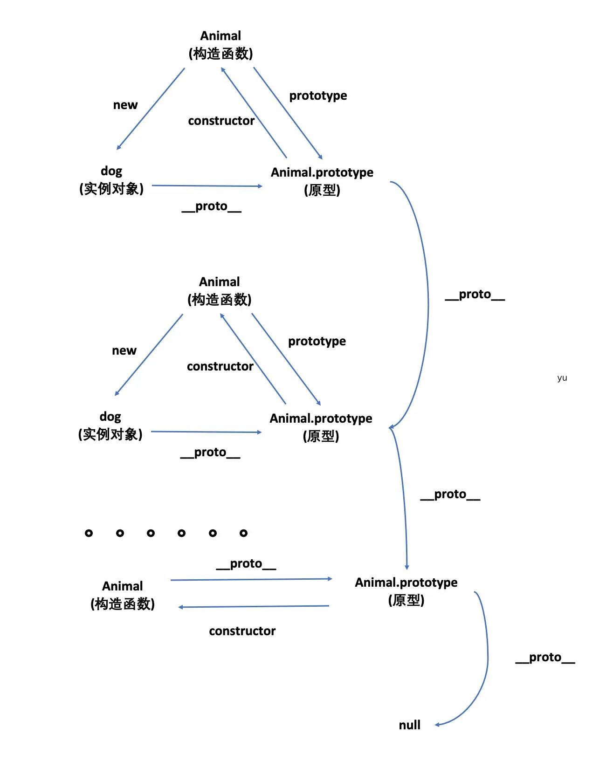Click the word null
pyautogui.click(x=409, y=725)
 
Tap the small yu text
pyautogui.click(x=562, y=377)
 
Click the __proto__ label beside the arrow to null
pyautogui.click(x=545, y=658)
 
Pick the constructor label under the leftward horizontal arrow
pyautogui.click(x=242, y=631)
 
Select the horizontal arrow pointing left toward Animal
pyautogui.click(x=254, y=606)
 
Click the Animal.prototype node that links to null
pyautogui.click(x=406, y=591)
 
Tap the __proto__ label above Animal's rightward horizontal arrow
pyautogui.click(x=246, y=564)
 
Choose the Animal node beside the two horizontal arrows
pyautogui.click(x=123, y=595)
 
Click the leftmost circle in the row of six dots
pyautogui.click(x=89, y=533)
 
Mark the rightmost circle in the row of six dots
pyautogui.click(x=243, y=533)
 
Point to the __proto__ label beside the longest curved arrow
pyautogui.click(x=475, y=295)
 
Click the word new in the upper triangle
pyautogui.click(x=125, y=105)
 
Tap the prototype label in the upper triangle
pyautogui.click(x=318, y=96)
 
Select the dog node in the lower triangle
pyautogui.click(x=110, y=425)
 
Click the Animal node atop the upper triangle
pyautogui.click(x=220, y=45)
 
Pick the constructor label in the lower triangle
pyautogui.click(x=220, y=367)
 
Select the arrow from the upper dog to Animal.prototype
pyautogui.click(x=207, y=186)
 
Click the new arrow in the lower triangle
pyautogui.click(x=149, y=354)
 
